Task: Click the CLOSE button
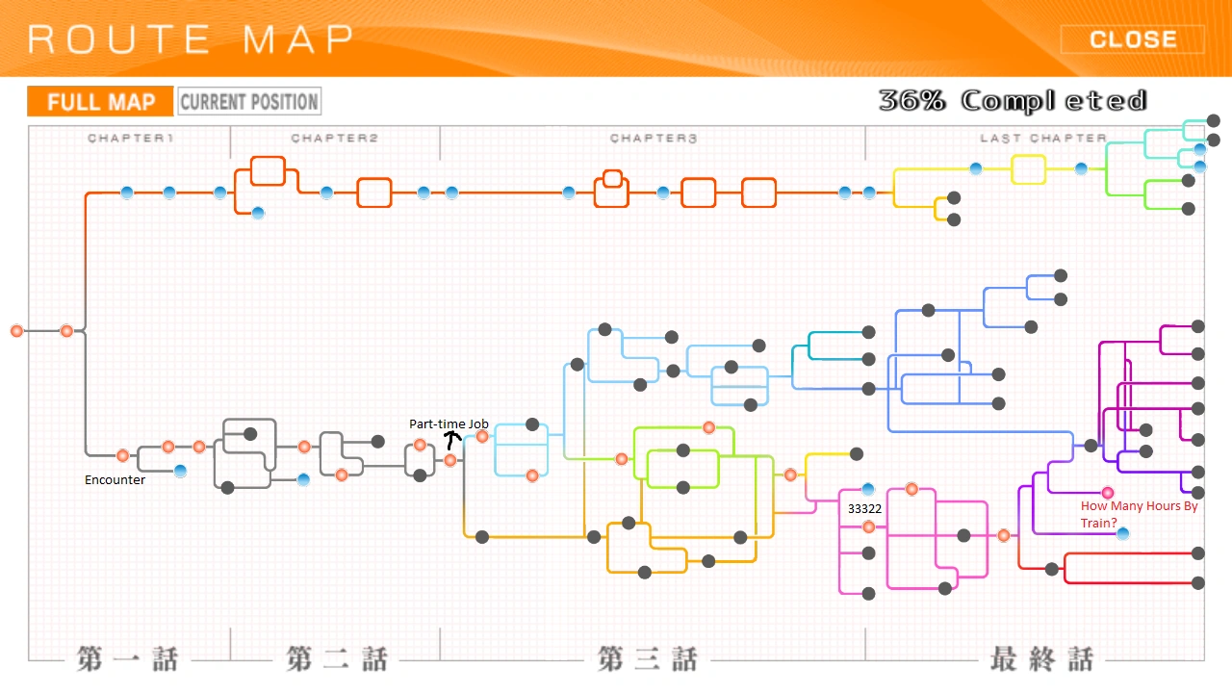click(x=1133, y=39)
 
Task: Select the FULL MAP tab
click(x=101, y=102)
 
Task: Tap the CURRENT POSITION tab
click(x=249, y=102)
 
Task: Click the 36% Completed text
click(x=1013, y=101)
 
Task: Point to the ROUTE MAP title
click(x=191, y=39)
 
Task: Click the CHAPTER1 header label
click(x=130, y=138)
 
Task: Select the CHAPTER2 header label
click(x=334, y=138)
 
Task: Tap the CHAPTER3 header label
click(x=654, y=138)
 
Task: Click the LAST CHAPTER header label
click(x=1043, y=138)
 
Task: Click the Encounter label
click(x=115, y=480)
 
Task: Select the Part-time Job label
click(x=449, y=424)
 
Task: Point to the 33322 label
click(x=864, y=509)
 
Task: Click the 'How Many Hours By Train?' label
click(x=1139, y=514)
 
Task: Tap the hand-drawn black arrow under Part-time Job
click(x=452, y=440)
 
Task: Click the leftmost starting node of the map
click(x=17, y=331)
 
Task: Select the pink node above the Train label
click(x=1108, y=493)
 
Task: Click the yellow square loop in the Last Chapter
click(x=1028, y=169)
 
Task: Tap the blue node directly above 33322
click(x=868, y=489)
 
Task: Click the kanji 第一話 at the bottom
click(x=128, y=659)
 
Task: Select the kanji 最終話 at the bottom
click(x=1041, y=659)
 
